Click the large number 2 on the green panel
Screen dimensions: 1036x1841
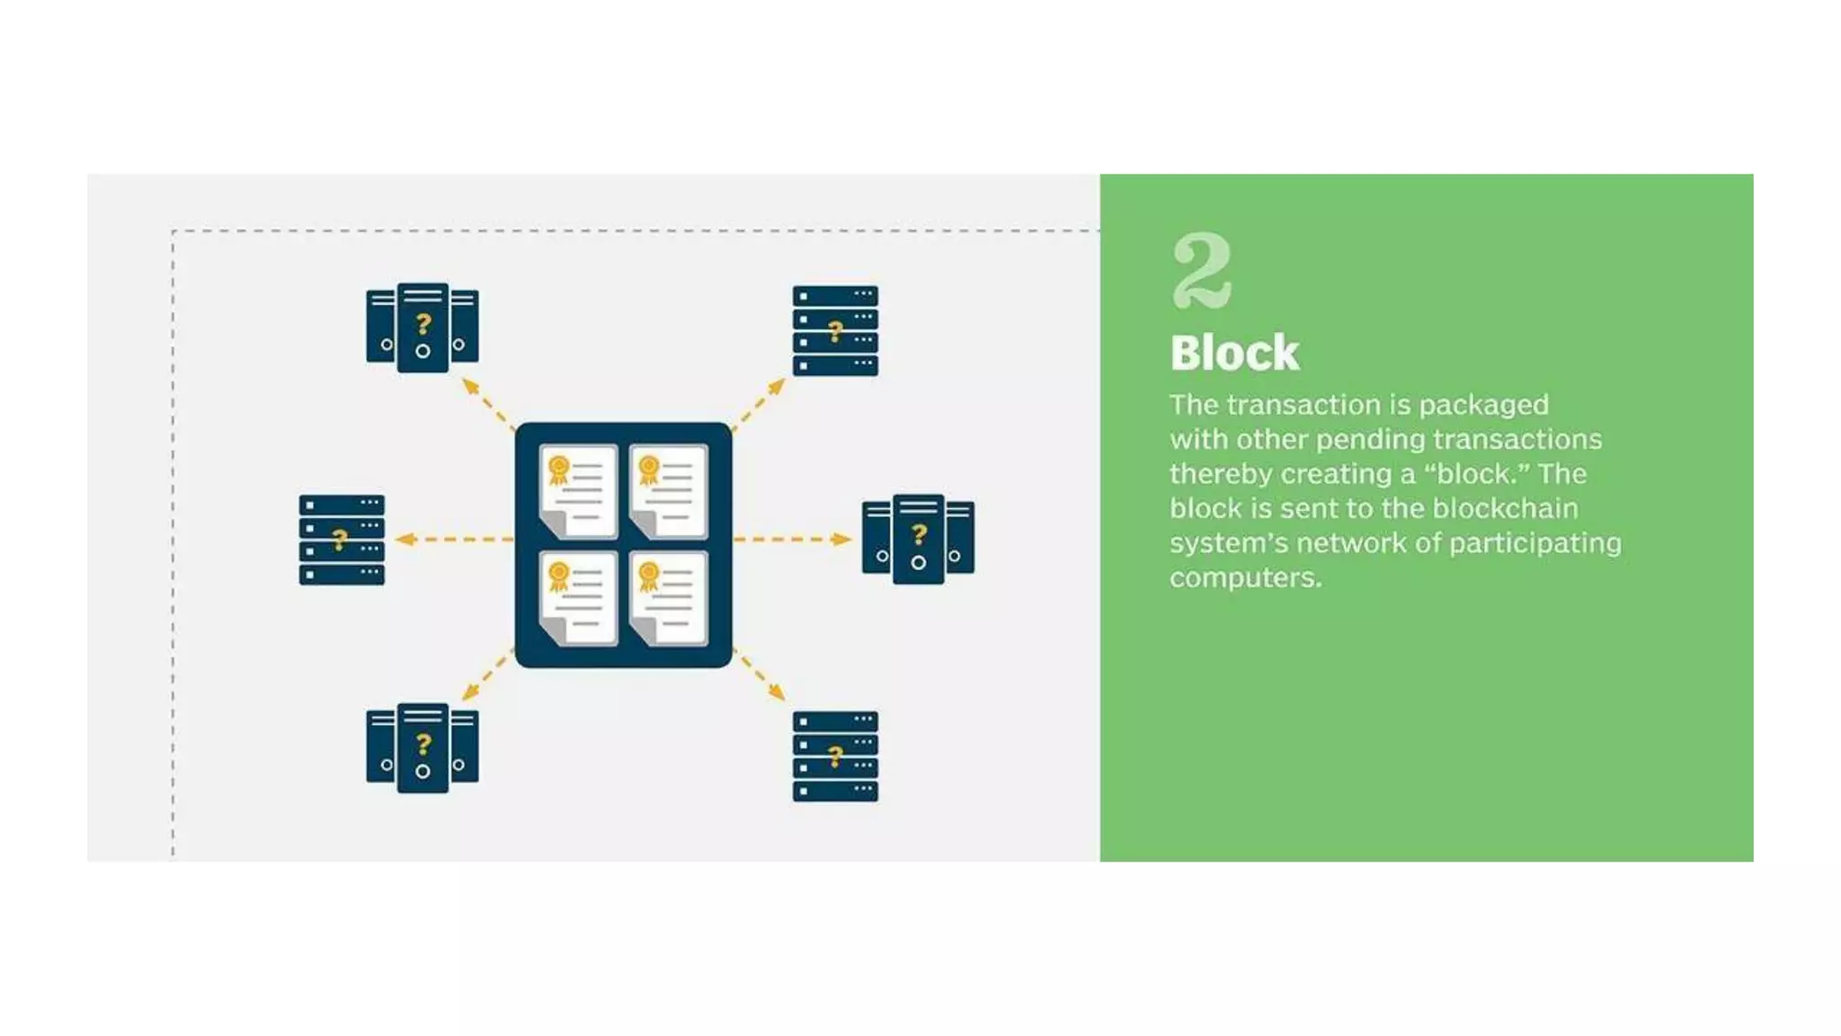click(x=1201, y=271)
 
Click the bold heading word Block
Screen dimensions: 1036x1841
click(x=1234, y=353)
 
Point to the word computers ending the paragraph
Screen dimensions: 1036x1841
click(x=1244, y=577)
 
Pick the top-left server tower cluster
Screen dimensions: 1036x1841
click(x=422, y=326)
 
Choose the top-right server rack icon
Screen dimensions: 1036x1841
click(x=835, y=330)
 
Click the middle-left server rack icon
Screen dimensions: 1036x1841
click(x=342, y=540)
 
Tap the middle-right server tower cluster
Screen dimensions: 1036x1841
click(x=918, y=538)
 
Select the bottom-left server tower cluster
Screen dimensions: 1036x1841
click(x=422, y=747)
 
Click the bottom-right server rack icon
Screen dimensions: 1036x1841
click(x=835, y=755)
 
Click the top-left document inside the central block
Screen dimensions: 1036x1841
click(x=578, y=491)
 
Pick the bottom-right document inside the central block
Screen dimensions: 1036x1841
click(x=669, y=598)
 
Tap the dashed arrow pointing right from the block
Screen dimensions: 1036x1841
click(x=792, y=540)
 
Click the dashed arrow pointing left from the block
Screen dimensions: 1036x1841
click(x=454, y=540)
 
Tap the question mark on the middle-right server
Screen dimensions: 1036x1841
click(x=919, y=534)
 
